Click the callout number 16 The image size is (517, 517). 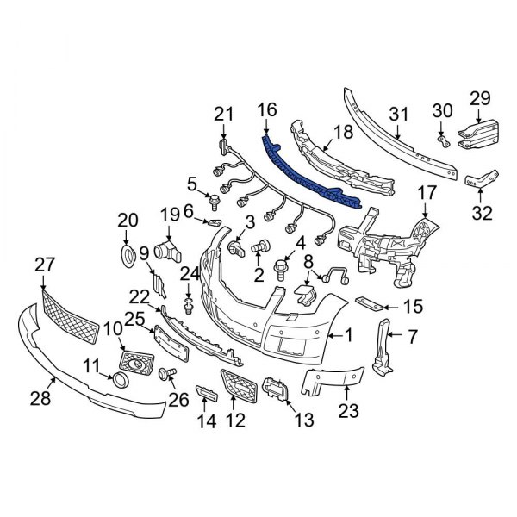267,109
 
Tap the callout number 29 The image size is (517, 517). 479,97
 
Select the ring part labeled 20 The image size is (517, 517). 127,254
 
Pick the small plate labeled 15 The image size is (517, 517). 366,304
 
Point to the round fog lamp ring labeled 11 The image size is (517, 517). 118,379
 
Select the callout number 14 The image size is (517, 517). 204,421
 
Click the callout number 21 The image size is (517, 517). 224,113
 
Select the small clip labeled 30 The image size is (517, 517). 441,134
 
